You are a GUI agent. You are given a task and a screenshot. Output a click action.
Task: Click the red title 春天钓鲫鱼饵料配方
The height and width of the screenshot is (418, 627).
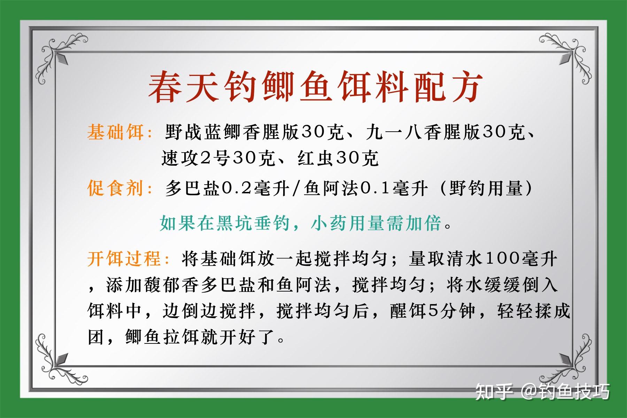click(x=315, y=87)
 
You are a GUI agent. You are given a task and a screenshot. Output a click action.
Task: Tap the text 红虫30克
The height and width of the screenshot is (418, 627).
click(x=338, y=159)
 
